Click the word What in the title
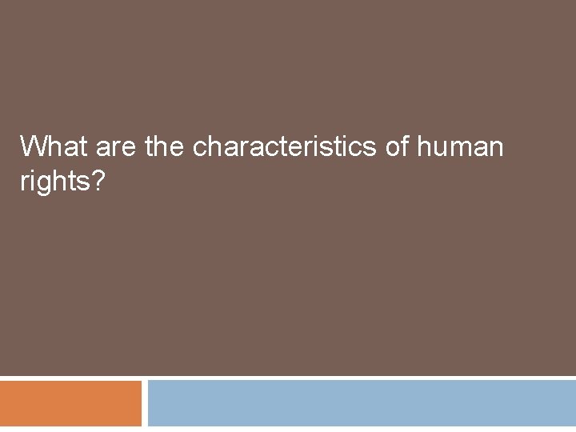(54, 147)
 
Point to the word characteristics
(294, 147)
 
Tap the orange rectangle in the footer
(70, 403)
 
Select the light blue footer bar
(362, 403)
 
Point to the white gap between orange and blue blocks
(145, 403)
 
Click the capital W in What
(34, 147)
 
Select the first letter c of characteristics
(200, 149)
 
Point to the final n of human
(498, 149)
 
